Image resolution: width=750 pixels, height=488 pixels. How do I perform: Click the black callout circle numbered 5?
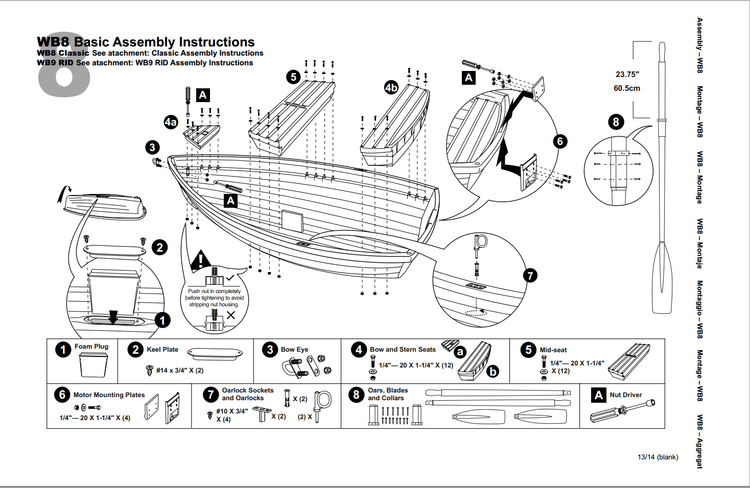(x=293, y=77)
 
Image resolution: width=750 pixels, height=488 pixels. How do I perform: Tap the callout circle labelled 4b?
(x=391, y=87)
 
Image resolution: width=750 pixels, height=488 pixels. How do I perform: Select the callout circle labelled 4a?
(x=171, y=122)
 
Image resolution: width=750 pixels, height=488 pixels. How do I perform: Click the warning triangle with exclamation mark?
(x=201, y=261)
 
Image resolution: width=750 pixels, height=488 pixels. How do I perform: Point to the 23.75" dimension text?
(x=627, y=75)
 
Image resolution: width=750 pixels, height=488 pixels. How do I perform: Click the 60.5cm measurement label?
(x=626, y=88)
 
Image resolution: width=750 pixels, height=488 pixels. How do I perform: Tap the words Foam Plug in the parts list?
(x=91, y=347)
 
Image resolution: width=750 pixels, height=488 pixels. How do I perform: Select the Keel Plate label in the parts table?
(x=162, y=350)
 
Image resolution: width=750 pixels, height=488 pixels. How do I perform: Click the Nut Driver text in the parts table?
(x=625, y=395)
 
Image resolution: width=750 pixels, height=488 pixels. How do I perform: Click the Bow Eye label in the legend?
(x=294, y=350)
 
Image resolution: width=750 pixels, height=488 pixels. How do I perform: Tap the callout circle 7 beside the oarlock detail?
(x=530, y=276)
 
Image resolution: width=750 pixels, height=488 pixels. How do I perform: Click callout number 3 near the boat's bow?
(x=152, y=148)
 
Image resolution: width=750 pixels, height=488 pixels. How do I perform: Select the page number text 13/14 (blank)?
(x=658, y=457)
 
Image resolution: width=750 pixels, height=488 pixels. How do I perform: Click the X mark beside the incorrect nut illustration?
(x=231, y=315)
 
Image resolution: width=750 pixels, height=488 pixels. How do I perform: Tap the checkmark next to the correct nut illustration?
(x=230, y=278)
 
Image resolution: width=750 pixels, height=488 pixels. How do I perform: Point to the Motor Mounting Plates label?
(x=109, y=395)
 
